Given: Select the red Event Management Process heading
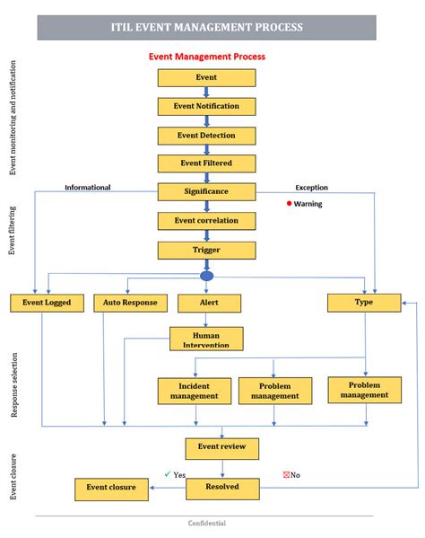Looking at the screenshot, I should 206,57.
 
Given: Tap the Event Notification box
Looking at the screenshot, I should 206,106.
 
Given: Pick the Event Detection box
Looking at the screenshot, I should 206,135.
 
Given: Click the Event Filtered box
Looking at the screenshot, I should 206,163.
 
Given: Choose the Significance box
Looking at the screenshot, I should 206,191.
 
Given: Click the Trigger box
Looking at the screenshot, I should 206,249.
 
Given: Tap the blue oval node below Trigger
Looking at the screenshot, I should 207,276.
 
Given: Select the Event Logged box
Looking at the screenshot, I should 47,303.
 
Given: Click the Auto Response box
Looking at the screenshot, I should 130,303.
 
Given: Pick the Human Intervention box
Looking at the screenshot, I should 206,338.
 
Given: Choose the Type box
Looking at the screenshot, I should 364,303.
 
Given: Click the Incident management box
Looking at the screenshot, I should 194,391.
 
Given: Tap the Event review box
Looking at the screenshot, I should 221,446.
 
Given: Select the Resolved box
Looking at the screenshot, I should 221,489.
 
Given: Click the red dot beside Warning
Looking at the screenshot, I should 289,203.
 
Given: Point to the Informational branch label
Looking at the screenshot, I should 88,188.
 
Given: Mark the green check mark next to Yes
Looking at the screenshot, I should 167,473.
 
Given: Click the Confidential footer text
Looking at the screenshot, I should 207,524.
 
